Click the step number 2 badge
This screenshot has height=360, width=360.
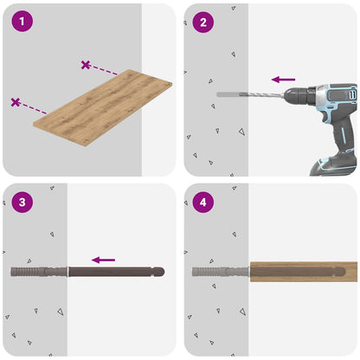tap(203, 22)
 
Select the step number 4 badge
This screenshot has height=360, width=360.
tap(203, 202)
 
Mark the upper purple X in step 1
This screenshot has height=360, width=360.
tap(86, 64)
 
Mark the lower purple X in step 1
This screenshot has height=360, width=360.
tap(16, 102)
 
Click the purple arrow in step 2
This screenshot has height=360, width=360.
tap(283, 80)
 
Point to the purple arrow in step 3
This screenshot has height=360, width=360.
tap(104, 259)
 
